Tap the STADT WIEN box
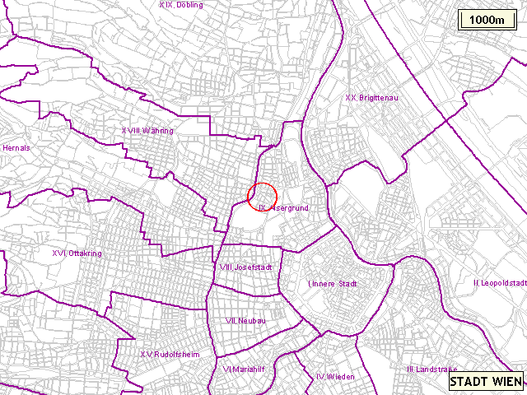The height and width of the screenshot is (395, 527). click(x=485, y=382)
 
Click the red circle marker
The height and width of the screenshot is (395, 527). click(x=262, y=196)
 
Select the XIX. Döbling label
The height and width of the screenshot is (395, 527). click(x=180, y=5)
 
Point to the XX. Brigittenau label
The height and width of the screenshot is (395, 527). click(x=371, y=98)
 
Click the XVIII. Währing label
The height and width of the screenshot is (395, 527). click(x=147, y=130)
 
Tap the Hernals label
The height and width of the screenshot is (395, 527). click(x=16, y=148)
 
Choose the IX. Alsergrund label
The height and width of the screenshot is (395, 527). click(x=283, y=209)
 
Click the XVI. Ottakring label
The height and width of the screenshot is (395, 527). click(x=77, y=253)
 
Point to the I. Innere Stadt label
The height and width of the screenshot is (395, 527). click(x=332, y=284)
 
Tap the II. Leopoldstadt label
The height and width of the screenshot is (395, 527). click(x=500, y=283)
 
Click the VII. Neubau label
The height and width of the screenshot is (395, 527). click(x=245, y=321)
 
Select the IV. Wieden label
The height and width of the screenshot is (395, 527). click(x=335, y=376)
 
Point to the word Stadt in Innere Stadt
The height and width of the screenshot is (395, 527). click(x=347, y=284)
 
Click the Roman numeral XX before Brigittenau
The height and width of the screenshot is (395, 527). click(x=350, y=98)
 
